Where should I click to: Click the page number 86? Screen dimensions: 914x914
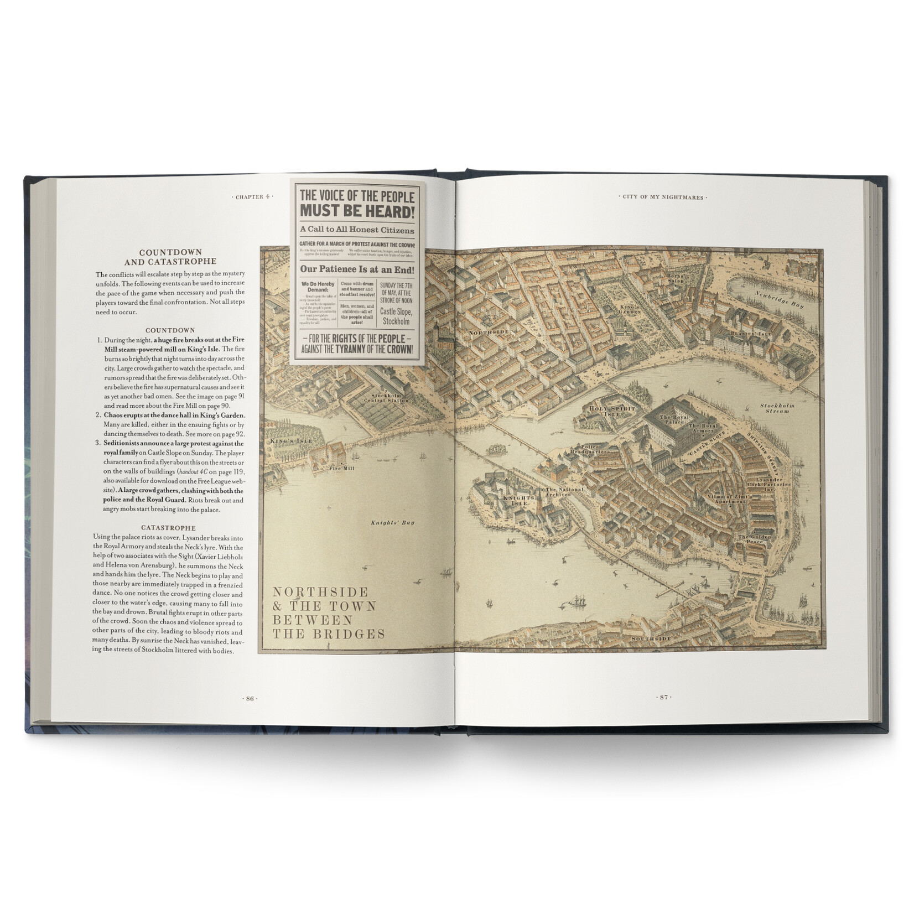[x=250, y=698]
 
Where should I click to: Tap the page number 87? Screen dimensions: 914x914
[x=664, y=697]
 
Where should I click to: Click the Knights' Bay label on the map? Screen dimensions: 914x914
[x=392, y=522]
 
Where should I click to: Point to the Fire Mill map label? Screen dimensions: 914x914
[x=341, y=469]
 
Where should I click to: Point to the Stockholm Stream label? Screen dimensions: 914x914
[x=777, y=408]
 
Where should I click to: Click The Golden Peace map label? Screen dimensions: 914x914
[x=751, y=539]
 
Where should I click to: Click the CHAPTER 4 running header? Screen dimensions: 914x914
[x=252, y=197]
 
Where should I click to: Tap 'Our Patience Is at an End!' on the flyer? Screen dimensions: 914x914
[x=357, y=269]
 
